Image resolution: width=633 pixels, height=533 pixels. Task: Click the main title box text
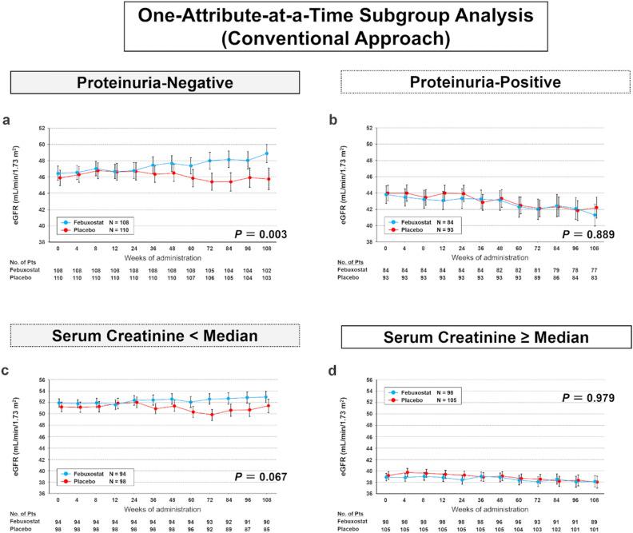pos(317,26)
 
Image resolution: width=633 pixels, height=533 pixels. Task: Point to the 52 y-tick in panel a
pos(38,128)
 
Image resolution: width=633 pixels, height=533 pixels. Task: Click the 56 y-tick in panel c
pos(38,379)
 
